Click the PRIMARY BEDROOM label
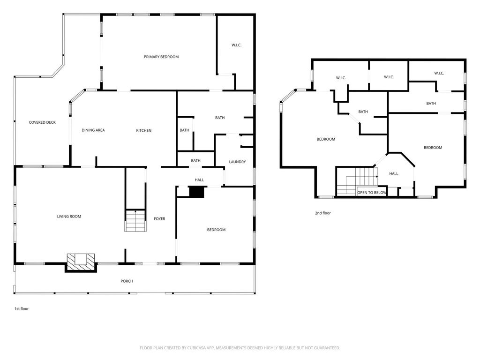click(x=161, y=57)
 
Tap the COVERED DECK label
click(x=42, y=122)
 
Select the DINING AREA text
click(x=93, y=130)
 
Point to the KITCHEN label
click(x=143, y=130)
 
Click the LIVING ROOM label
click(x=69, y=217)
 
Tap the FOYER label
click(x=159, y=218)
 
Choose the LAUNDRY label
click(x=237, y=162)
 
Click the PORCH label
click(x=127, y=281)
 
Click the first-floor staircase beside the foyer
click(x=135, y=220)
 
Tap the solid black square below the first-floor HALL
click(x=196, y=192)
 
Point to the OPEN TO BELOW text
click(x=372, y=193)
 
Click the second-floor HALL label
click(x=394, y=173)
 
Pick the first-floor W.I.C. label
click(x=236, y=45)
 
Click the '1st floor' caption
click(x=22, y=308)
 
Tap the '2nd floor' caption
click(x=323, y=213)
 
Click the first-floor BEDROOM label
click(x=216, y=230)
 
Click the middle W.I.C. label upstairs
click(x=389, y=77)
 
